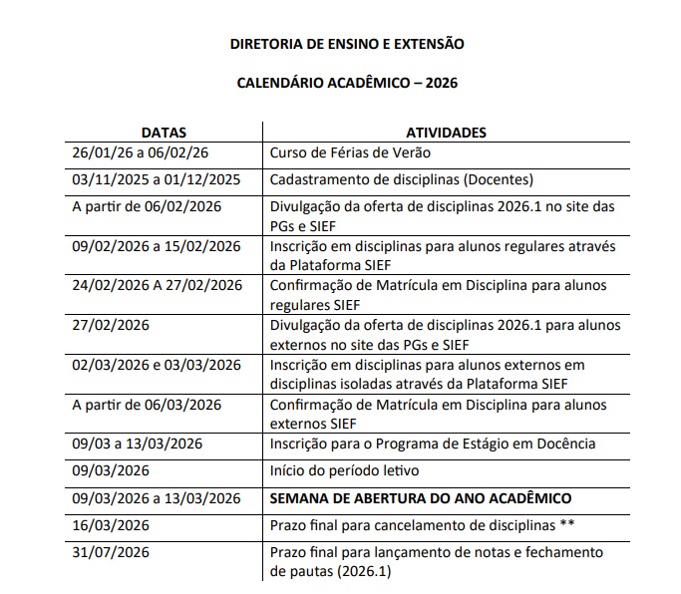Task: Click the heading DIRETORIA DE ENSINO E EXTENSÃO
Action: coord(347,44)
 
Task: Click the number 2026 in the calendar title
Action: coord(442,84)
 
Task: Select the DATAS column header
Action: coord(163,132)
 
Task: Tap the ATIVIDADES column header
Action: coord(446,132)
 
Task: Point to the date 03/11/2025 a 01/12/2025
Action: coord(157,179)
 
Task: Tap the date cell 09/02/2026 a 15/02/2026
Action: coord(157,245)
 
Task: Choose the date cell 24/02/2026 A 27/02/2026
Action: coord(158,285)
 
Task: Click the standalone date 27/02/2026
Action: coord(111,325)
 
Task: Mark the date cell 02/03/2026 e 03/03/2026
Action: coord(156,365)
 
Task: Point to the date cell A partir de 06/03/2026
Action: coord(147,405)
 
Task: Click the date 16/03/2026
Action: coord(111,524)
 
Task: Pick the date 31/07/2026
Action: coord(111,552)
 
